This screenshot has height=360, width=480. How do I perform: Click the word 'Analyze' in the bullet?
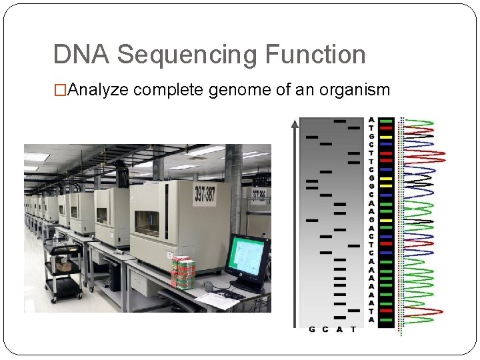[99, 91]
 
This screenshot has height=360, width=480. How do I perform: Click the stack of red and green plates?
[183, 272]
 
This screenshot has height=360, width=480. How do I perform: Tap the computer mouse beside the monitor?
[209, 286]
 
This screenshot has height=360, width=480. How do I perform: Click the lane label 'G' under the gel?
[311, 329]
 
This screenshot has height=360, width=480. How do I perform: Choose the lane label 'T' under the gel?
[353, 329]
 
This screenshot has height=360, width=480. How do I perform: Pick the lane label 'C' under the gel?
[325, 329]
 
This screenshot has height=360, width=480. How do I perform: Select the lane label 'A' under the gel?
[339, 329]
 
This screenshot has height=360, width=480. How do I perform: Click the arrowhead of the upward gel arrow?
[295, 123]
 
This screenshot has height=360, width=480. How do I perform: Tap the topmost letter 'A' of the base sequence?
[371, 121]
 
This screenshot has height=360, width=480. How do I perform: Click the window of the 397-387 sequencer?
[147, 222]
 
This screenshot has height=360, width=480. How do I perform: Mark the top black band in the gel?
[339, 121]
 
